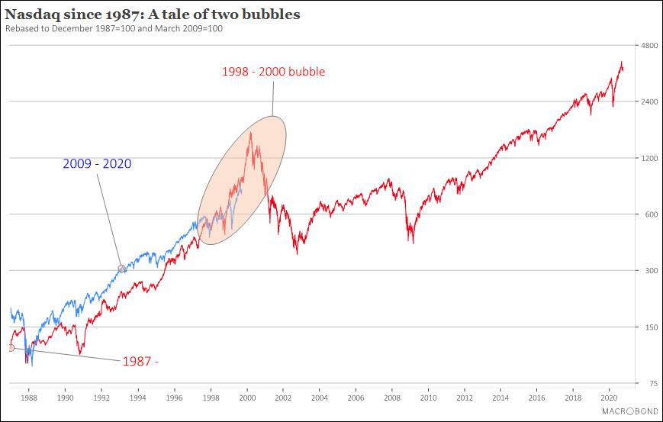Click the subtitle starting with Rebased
click(114, 28)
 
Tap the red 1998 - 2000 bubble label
click(273, 72)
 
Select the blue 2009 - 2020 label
click(98, 163)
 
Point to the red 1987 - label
click(140, 361)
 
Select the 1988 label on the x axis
click(29, 398)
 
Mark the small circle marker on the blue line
click(122, 268)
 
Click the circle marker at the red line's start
click(11, 348)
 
